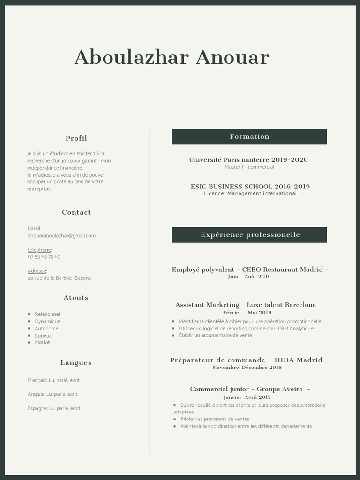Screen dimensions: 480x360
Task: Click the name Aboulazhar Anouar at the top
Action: tap(172, 57)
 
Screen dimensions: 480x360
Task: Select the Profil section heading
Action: tap(76, 138)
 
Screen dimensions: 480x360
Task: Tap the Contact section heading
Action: tap(76, 212)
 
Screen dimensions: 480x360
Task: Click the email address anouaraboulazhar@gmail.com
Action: tap(61, 236)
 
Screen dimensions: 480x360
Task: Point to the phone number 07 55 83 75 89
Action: tap(44, 257)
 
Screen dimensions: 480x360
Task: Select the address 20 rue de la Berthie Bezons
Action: tap(59, 278)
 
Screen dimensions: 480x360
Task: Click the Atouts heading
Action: tap(76, 298)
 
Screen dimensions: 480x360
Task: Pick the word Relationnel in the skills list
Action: tap(47, 314)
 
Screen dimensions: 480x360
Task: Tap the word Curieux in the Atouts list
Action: tap(43, 336)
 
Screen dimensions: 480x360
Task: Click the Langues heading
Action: tap(76, 363)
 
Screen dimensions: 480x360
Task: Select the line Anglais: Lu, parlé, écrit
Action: tap(52, 394)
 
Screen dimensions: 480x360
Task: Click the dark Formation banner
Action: tap(249, 137)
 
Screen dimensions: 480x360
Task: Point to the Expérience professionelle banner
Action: tap(249, 235)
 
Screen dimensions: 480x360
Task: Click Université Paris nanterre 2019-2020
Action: tap(248, 160)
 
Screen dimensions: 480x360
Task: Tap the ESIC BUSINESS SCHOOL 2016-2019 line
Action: tap(250, 187)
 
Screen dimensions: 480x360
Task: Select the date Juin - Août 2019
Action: tap(249, 277)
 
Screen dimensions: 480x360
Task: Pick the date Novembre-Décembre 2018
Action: tap(247, 367)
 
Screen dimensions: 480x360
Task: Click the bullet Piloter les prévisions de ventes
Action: tap(215, 419)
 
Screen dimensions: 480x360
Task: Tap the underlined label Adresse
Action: tap(37, 271)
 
